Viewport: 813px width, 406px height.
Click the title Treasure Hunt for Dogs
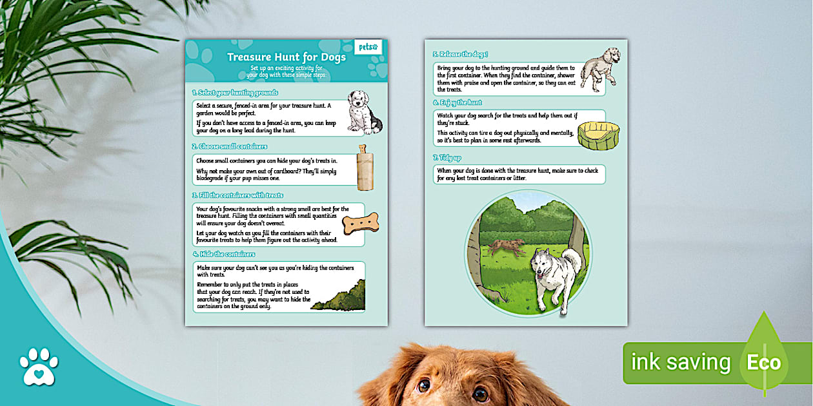[x=286, y=57]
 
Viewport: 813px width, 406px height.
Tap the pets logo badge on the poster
[x=368, y=48]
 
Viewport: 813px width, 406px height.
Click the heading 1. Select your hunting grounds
[x=236, y=93]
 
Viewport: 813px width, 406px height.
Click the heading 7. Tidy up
[x=447, y=158]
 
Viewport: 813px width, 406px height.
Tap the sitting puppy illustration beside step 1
[x=364, y=111]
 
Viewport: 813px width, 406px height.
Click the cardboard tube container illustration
[x=366, y=168]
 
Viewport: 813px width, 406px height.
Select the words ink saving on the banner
[x=680, y=362]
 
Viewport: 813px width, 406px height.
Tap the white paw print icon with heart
[x=38, y=366]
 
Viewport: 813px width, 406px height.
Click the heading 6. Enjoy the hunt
[x=457, y=102]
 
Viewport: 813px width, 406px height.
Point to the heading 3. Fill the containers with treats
[x=238, y=195]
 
